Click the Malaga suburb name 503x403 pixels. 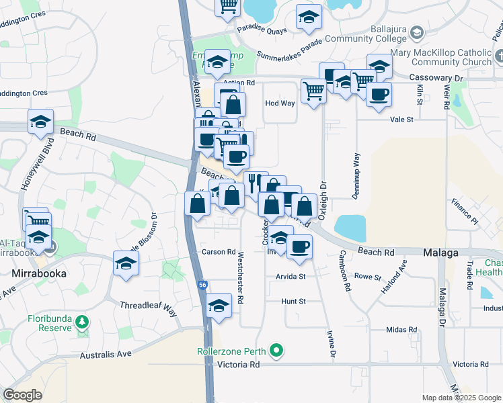click(440, 253)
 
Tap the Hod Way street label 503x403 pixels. click(280, 103)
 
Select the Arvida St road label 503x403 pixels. click(290, 276)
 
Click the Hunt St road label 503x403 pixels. click(294, 302)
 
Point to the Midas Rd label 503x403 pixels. click(401, 330)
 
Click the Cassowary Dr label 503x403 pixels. click(437, 79)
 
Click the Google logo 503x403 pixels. click(22, 395)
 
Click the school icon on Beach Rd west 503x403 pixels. click(40, 122)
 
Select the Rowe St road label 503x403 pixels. click(367, 277)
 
